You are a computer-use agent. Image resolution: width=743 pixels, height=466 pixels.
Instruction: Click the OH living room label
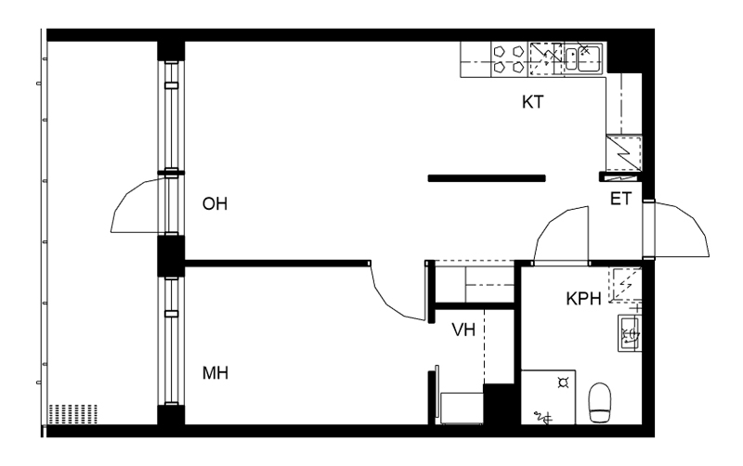pyautogui.click(x=215, y=204)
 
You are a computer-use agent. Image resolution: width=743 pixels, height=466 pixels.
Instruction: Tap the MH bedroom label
pyautogui.click(x=215, y=373)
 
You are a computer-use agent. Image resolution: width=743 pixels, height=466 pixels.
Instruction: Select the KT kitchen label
pyautogui.click(x=533, y=102)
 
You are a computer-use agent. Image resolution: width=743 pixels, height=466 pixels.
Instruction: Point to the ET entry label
pyautogui.click(x=620, y=199)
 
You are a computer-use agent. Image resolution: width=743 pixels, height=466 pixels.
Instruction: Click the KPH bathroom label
pyautogui.click(x=584, y=299)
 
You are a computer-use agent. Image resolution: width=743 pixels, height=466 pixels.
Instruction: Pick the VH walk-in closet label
pyautogui.click(x=463, y=330)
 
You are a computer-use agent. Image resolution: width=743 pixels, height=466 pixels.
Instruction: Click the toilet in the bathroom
pyautogui.click(x=600, y=403)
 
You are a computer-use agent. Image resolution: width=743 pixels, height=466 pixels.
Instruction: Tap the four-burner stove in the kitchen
pyautogui.click(x=508, y=59)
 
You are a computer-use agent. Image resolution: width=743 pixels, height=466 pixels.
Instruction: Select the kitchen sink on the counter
pyautogui.click(x=583, y=58)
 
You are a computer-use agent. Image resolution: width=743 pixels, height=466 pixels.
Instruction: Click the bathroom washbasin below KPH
pyautogui.click(x=631, y=333)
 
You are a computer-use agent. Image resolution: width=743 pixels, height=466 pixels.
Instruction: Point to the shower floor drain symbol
pyautogui.click(x=564, y=382)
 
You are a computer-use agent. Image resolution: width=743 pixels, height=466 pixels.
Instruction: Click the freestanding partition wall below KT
pyautogui.click(x=487, y=178)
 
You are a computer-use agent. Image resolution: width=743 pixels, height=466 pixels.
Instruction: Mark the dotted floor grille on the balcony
pyautogui.click(x=73, y=414)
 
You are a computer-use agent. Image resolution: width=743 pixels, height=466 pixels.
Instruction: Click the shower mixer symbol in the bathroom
pyautogui.click(x=543, y=418)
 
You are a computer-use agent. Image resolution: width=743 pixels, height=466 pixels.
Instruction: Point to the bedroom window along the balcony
pyautogui.click(x=172, y=341)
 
